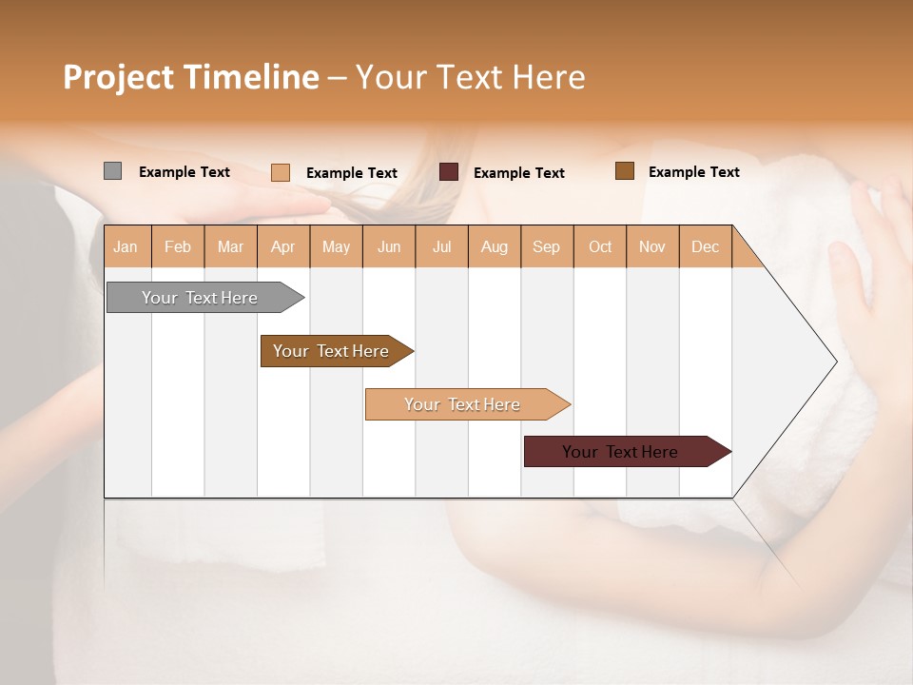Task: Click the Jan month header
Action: point(126,246)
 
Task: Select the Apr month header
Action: point(283,246)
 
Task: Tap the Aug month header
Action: point(495,246)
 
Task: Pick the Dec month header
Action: point(705,246)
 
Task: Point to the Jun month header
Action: point(389,246)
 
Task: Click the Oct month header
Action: point(600,246)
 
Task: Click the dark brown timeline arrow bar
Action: point(333,351)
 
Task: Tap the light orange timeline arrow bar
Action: point(464,404)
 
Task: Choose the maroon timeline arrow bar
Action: point(623,452)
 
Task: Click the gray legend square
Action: point(112,171)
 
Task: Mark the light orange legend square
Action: point(280,172)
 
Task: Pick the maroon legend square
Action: point(449,172)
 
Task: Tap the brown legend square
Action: point(624,171)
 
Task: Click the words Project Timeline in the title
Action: point(190,76)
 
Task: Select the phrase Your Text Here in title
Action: point(470,76)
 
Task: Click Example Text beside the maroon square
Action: point(518,172)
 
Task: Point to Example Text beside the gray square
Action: point(184,171)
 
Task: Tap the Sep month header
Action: point(546,246)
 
